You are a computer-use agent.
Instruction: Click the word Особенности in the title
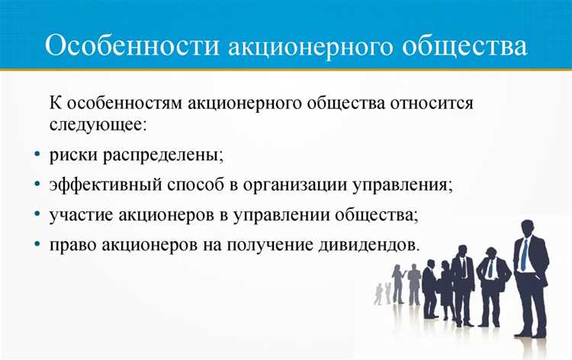[x=132, y=47]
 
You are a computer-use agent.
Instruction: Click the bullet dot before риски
[x=38, y=154]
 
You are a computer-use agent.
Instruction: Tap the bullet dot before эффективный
[x=38, y=185]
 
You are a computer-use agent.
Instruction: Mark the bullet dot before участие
[x=38, y=215]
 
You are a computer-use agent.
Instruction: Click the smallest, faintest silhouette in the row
[x=378, y=293]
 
